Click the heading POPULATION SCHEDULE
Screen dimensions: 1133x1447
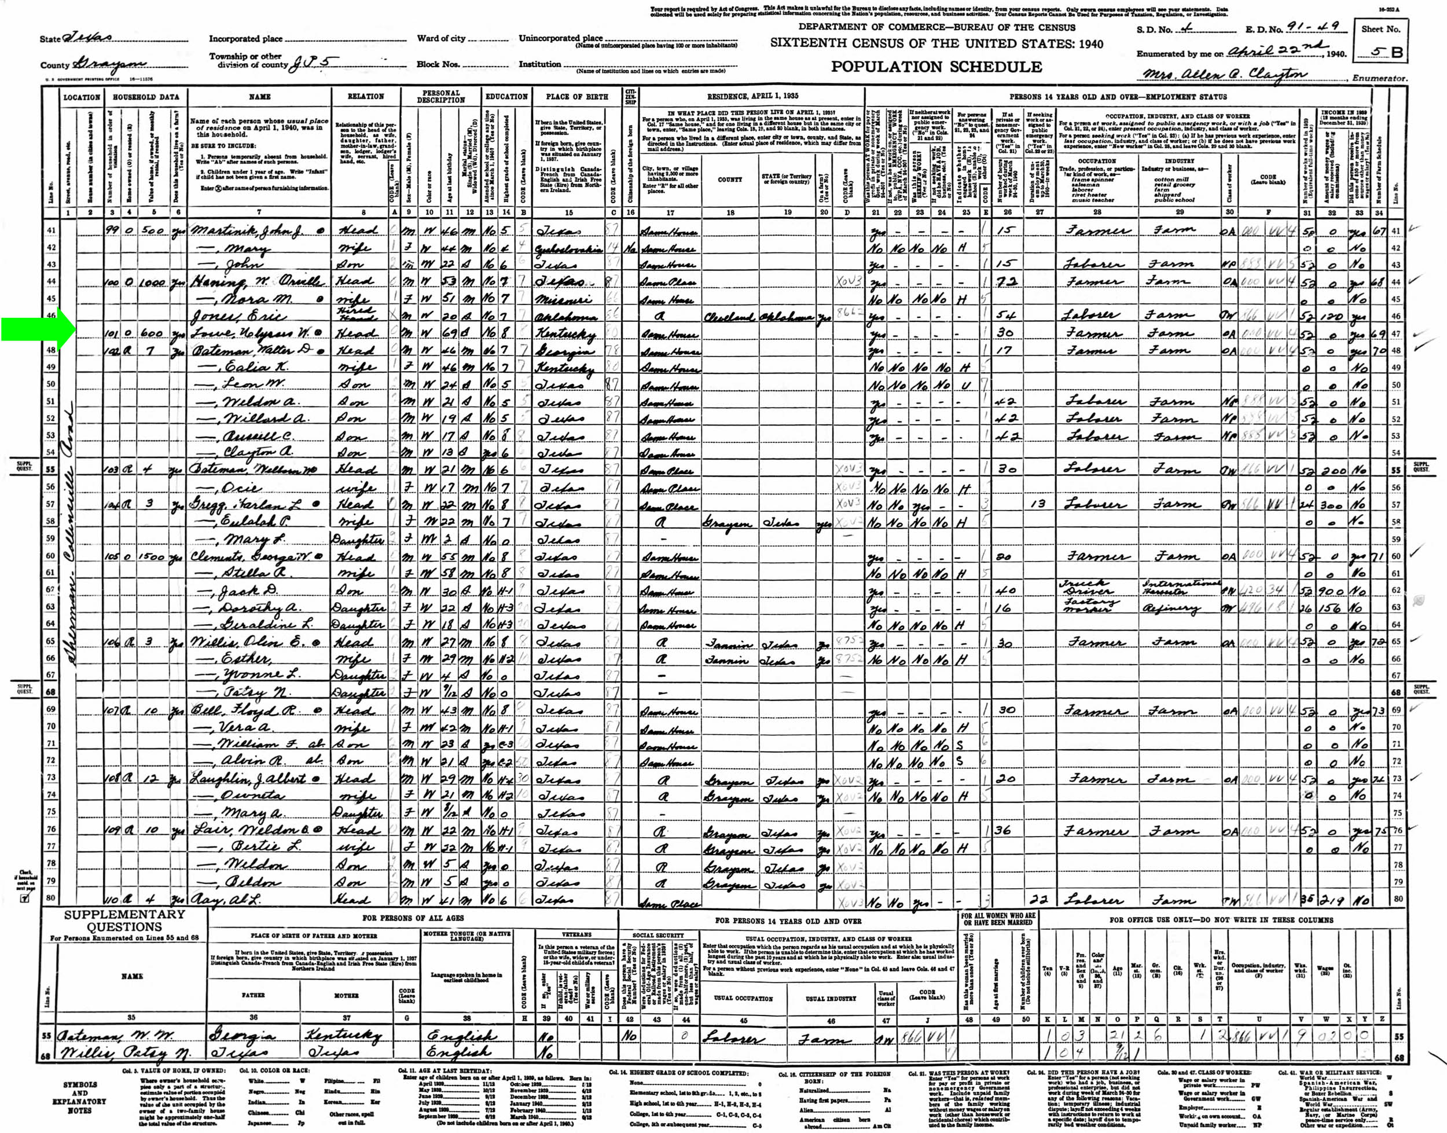tap(936, 67)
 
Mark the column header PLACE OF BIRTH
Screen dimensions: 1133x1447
tap(576, 97)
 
